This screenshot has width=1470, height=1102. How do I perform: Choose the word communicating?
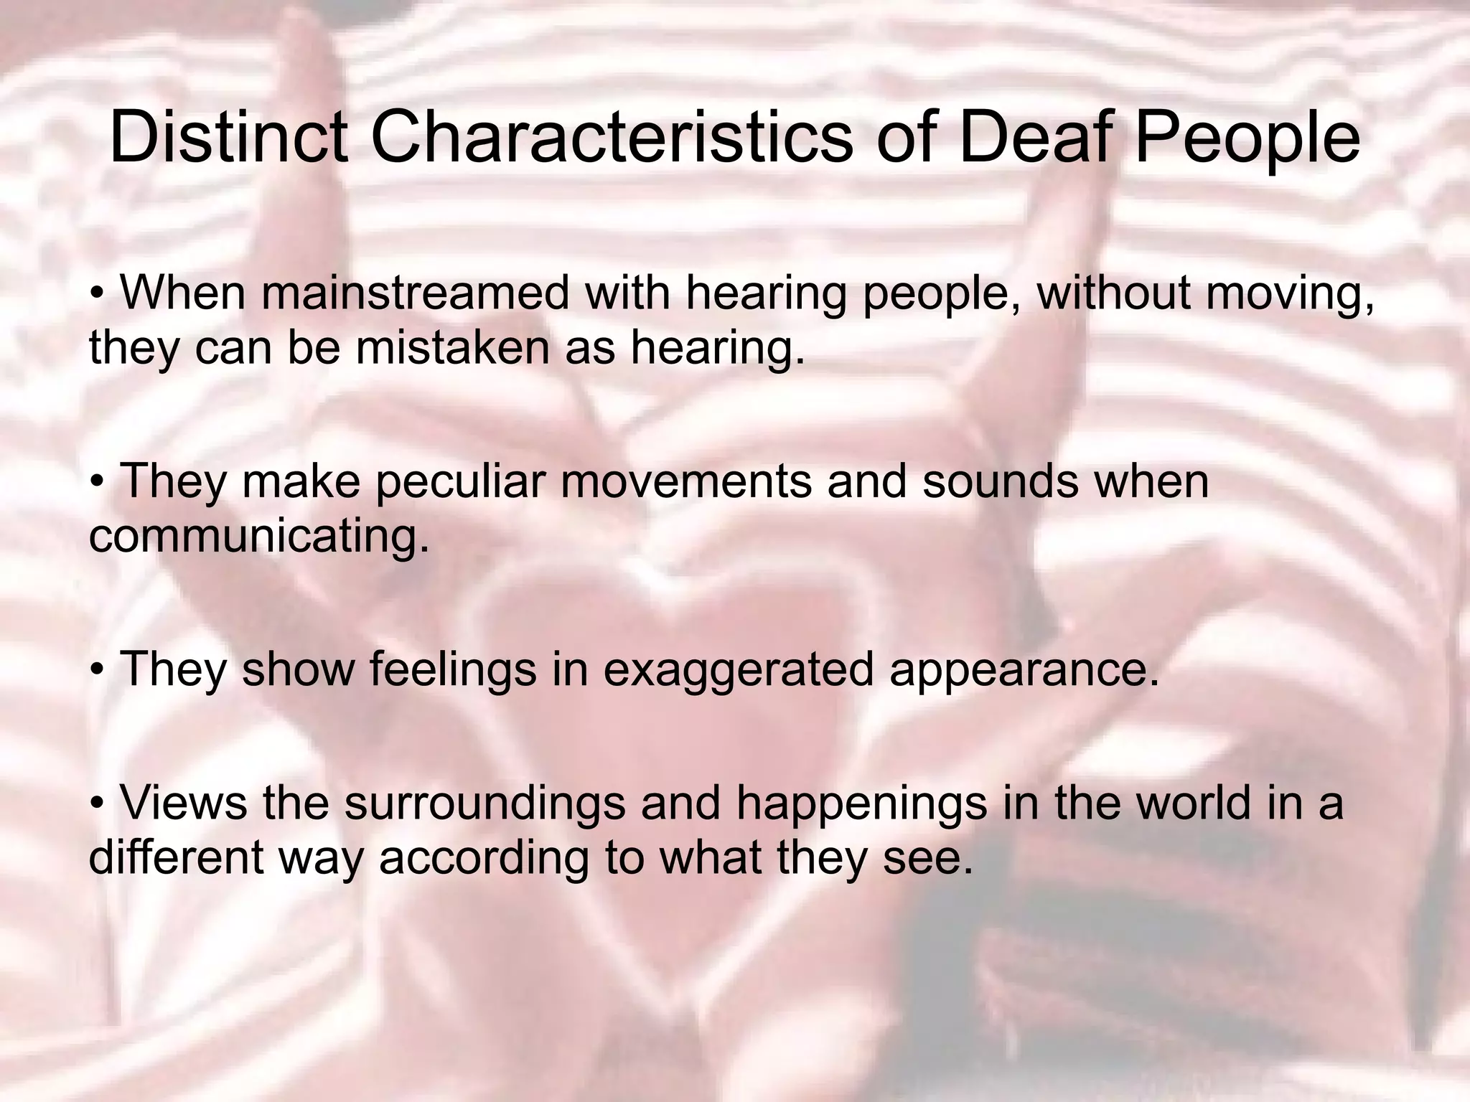(x=258, y=537)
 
